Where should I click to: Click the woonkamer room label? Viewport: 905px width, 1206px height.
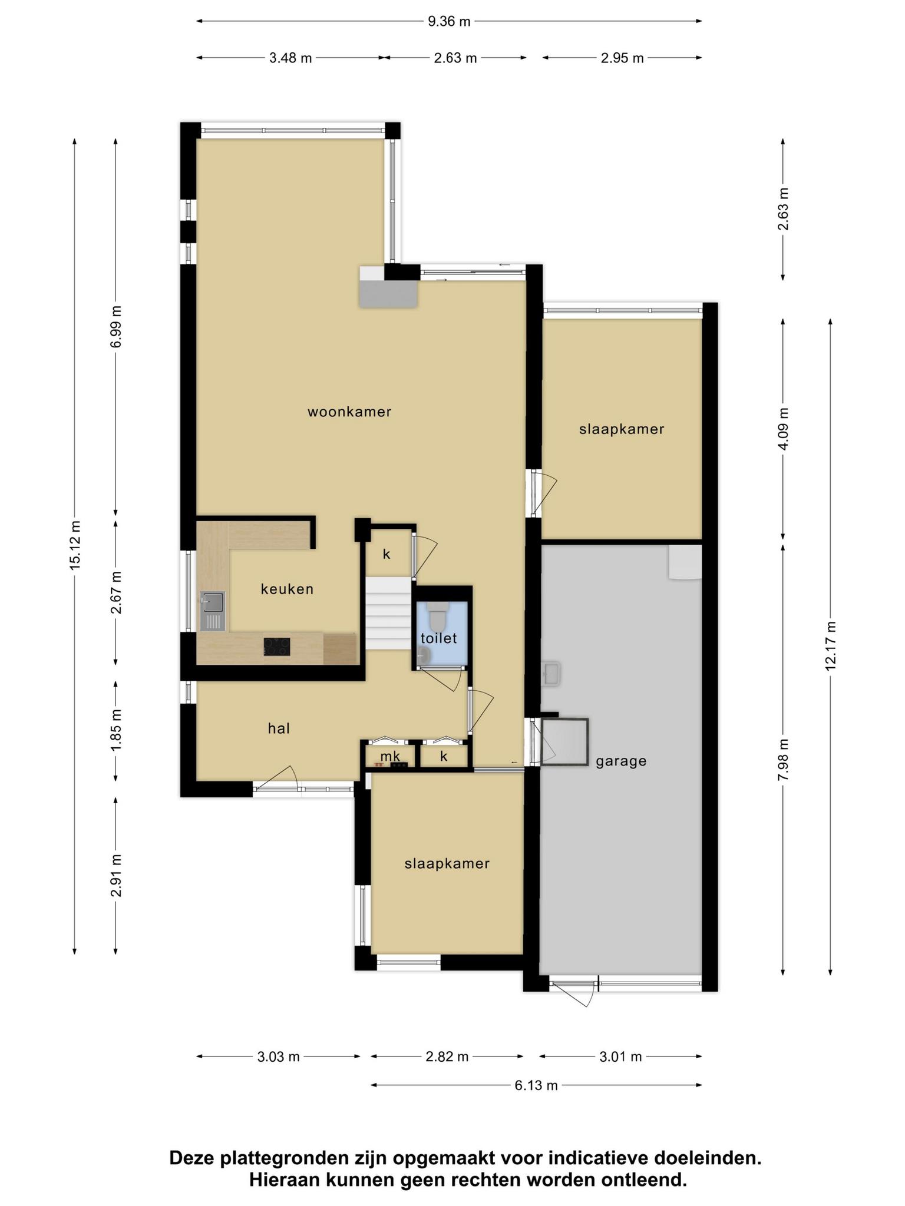pyautogui.click(x=349, y=412)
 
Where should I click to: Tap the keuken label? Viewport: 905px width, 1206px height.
pyautogui.click(x=287, y=589)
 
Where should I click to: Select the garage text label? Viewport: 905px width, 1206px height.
pyautogui.click(x=621, y=761)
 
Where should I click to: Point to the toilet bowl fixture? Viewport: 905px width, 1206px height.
pyautogui.click(x=438, y=615)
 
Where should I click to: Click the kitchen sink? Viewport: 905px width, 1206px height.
pyautogui.click(x=213, y=611)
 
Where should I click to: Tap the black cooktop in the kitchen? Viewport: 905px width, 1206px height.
pyautogui.click(x=277, y=647)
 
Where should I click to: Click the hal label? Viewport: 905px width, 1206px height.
pyautogui.click(x=279, y=728)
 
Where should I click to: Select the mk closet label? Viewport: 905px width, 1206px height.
pyautogui.click(x=390, y=756)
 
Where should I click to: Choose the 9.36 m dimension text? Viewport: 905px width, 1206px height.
pyautogui.click(x=449, y=22)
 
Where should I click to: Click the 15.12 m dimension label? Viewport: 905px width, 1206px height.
pyautogui.click(x=75, y=545)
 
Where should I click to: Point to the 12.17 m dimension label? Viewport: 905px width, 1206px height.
pyautogui.click(x=831, y=646)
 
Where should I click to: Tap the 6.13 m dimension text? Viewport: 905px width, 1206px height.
pyautogui.click(x=536, y=1085)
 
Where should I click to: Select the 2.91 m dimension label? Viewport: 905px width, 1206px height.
pyautogui.click(x=116, y=876)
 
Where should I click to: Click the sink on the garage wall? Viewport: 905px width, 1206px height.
pyautogui.click(x=551, y=673)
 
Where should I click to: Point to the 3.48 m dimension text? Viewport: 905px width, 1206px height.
pyautogui.click(x=290, y=58)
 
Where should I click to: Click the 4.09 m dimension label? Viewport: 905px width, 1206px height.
pyautogui.click(x=783, y=429)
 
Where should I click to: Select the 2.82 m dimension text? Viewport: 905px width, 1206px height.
pyautogui.click(x=447, y=1056)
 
